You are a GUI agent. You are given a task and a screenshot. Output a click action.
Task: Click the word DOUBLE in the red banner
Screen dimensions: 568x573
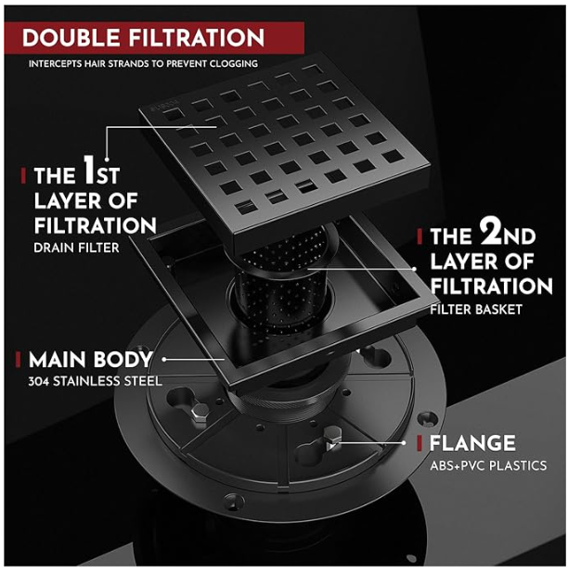point(71,37)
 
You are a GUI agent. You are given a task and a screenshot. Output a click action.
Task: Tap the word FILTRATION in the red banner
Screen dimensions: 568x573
point(196,37)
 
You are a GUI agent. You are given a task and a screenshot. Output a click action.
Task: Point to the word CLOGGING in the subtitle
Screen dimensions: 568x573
point(233,64)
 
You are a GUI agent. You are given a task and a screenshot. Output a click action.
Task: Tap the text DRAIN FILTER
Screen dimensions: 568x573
point(76,248)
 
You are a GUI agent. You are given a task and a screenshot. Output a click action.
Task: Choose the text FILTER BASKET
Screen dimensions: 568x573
point(476,310)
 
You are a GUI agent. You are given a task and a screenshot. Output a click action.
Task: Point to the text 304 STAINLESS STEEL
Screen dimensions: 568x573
point(95,381)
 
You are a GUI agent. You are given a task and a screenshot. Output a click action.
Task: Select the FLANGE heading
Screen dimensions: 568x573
point(472,443)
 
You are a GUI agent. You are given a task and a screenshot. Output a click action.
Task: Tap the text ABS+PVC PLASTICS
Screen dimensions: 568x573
point(488,465)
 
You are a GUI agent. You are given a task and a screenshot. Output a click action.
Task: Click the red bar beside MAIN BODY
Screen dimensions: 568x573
point(18,359)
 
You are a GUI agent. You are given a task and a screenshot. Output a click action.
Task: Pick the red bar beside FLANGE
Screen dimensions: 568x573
point(420,443)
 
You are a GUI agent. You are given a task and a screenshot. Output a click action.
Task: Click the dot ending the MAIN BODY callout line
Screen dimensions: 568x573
point(164,360)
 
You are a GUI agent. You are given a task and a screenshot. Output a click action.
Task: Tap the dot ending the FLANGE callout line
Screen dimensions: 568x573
point(404,443)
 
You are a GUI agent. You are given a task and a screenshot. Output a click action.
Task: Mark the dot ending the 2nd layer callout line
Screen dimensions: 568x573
point(414,269)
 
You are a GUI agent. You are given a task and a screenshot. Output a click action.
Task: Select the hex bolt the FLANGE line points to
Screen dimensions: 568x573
point(333,439)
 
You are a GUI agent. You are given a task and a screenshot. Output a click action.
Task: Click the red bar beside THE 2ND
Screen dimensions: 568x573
point(420,236)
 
